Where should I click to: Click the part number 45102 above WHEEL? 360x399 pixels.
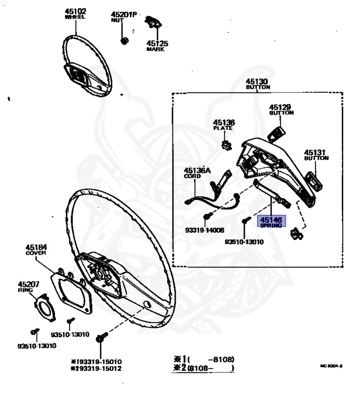pyautogui.click(x=75, y=11)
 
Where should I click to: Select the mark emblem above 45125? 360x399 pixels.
pyautogui.click(x=153, y=22)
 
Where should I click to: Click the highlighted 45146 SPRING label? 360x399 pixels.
pyautogui.click(x=271, y=222)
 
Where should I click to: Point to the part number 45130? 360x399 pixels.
pyautogui.click(x=257, y=82)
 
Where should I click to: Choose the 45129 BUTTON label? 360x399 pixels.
pyautogui.click(x=281, y=109)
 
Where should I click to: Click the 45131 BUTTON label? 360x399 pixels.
pyautogui.click(x=315, y=155)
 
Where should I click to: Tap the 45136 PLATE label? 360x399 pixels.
pyautogui.click(x=224, y=125)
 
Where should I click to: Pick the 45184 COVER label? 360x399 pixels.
pyautogui.click(x=36, y=249)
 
